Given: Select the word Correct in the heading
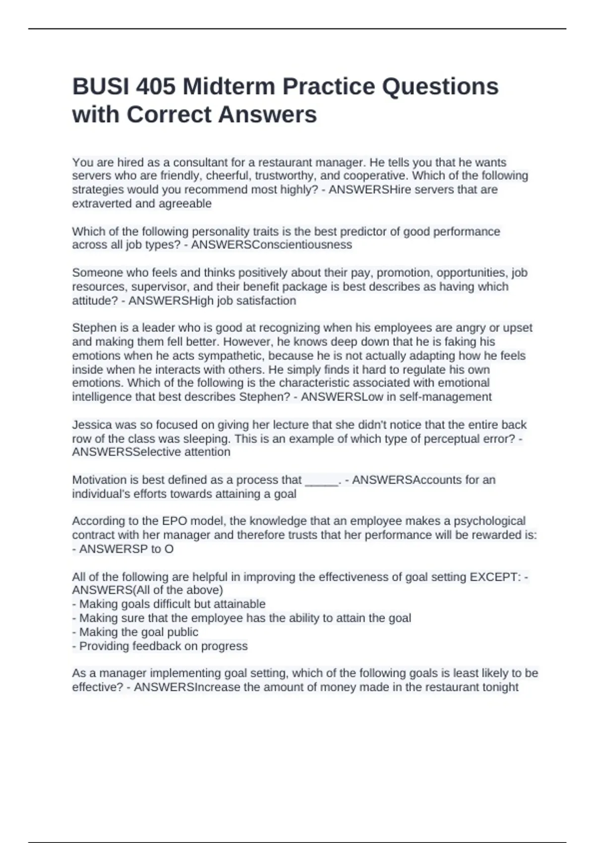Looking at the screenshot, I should tap(169, 115).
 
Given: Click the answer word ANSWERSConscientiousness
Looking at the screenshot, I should tap(271, 245).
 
